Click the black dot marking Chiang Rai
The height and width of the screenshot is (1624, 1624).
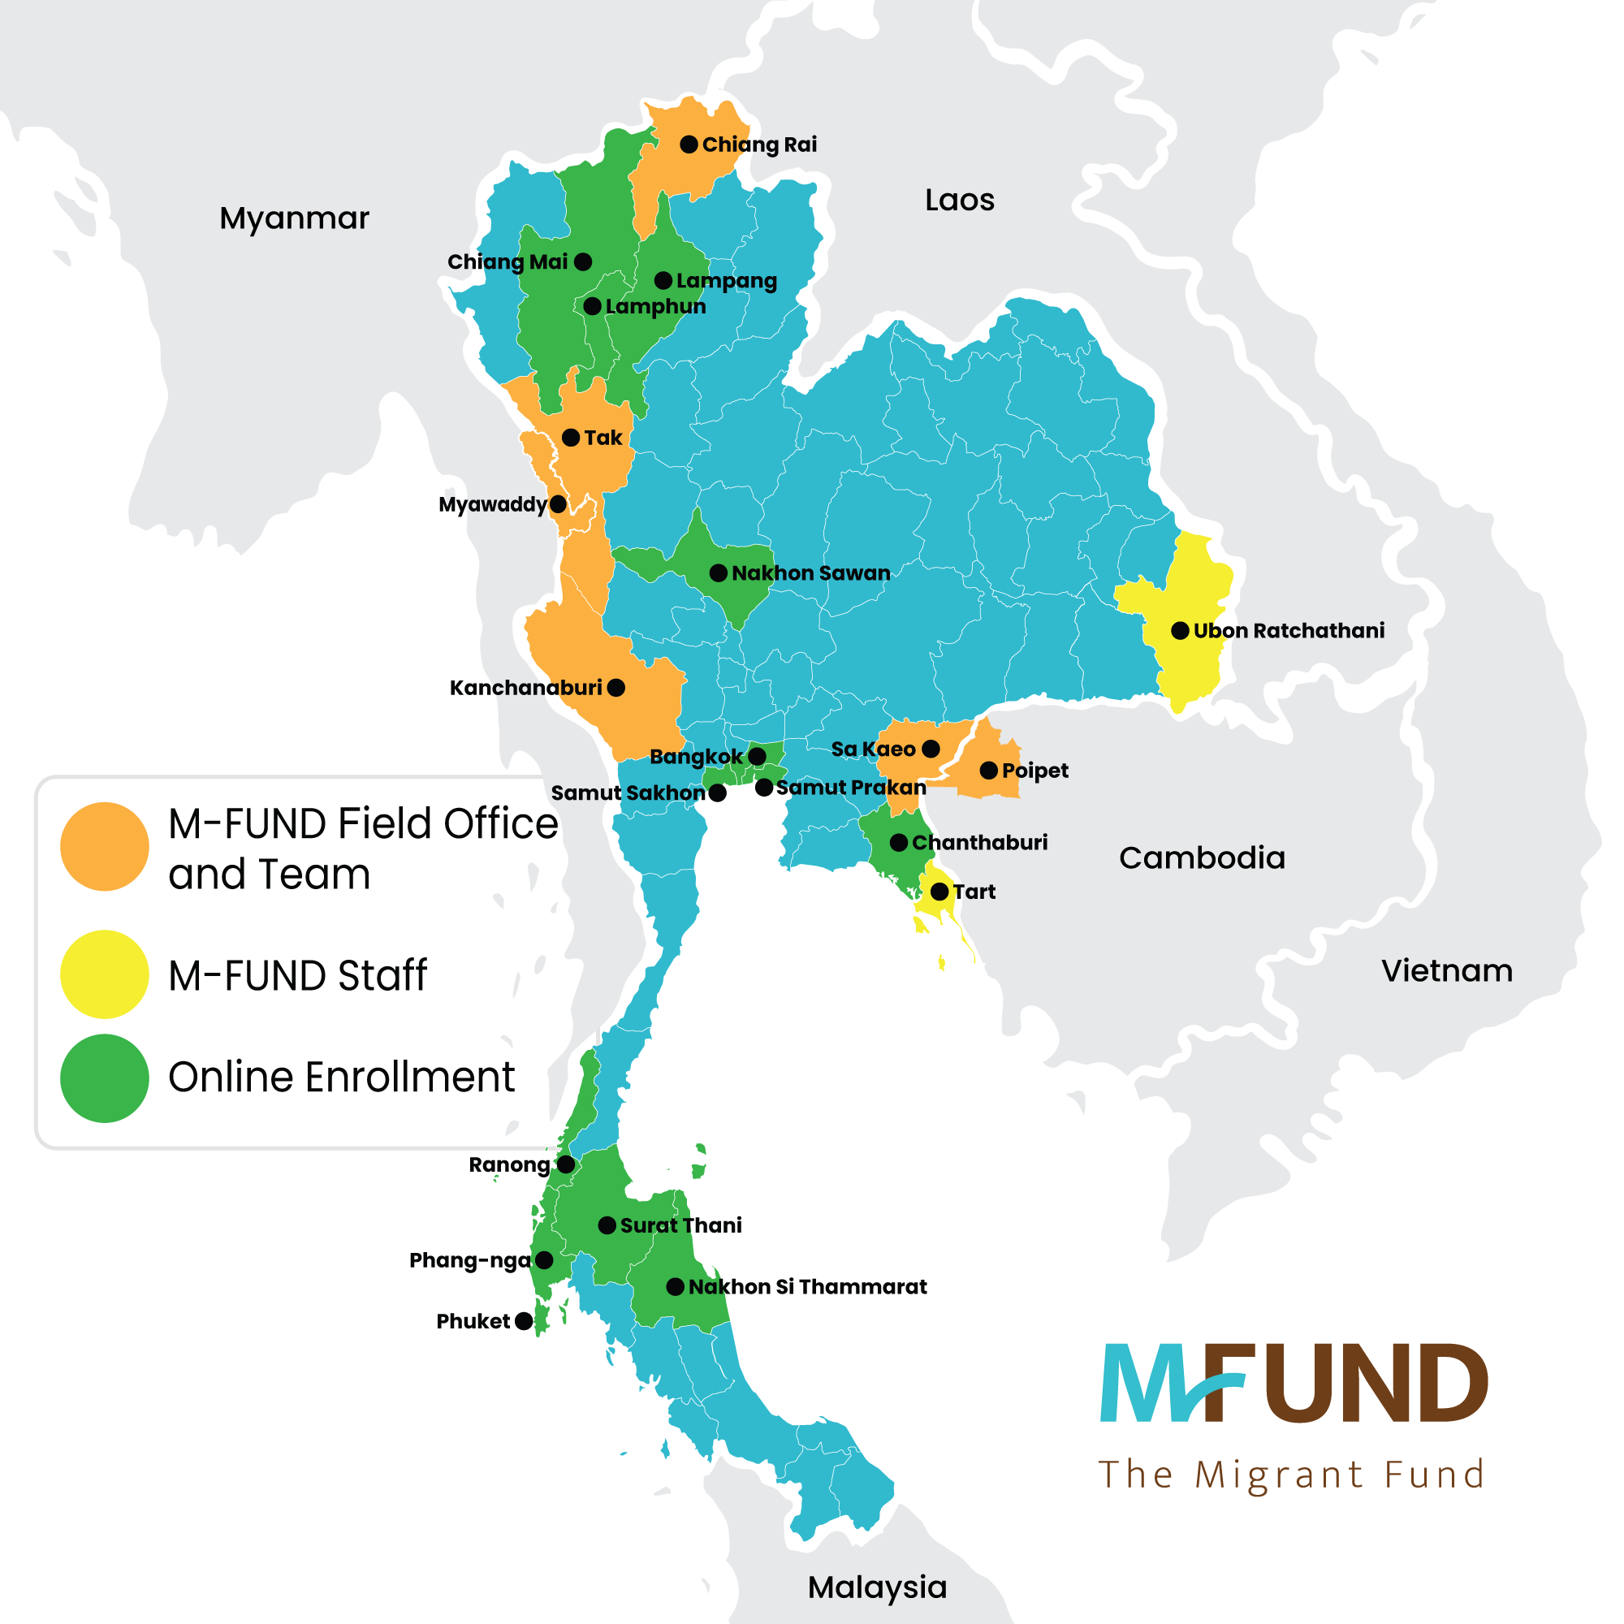click(x=689, y=145)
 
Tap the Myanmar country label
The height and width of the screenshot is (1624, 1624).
click(x=294, y=218)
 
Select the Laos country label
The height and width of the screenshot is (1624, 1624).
click(x=959, y=200)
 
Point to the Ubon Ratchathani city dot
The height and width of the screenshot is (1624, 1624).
click(x=1180, y=630)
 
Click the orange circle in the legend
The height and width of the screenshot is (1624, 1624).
click(x=104, y=846)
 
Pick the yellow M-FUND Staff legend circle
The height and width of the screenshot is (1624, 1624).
click(x=104, y=974)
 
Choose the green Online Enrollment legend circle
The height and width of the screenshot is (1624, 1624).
click(x=104, y=1078)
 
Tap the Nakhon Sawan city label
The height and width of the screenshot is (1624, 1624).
click(x=810, y=573)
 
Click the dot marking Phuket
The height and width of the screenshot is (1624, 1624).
click(x=524, y=1321)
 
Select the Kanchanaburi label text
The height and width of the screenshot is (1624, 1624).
click(x=525, y=689)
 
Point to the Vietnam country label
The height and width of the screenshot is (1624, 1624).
click(x=1447, y=971)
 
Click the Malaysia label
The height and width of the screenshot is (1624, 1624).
click(x=877, y=1587)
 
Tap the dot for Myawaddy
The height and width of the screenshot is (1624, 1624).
click(x=557, y=504)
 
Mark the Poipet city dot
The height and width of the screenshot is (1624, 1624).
click(x=988, y=770)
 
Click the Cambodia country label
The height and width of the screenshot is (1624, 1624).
click(x=1202, y=858)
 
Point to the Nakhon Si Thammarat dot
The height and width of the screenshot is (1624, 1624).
click(x=675, y=1287)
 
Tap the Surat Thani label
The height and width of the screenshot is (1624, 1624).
click(x=681, y=1225)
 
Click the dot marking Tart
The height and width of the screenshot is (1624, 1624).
click(x=939, y=892)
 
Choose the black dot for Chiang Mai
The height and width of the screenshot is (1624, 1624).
click(x=582, y=262)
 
